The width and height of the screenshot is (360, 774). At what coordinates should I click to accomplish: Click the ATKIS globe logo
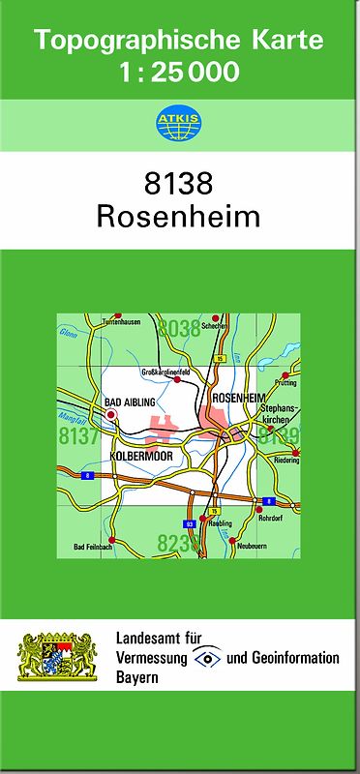click(x=179, y=123)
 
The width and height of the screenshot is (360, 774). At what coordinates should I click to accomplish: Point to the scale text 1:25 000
click(x=179, y=72)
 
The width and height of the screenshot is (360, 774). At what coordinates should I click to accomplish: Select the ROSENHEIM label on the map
click(x=237, y=399)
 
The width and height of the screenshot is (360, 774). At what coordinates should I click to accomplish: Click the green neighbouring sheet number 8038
click(x=179, y=328)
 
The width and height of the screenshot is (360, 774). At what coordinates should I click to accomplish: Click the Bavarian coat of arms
click(x=59, y=658)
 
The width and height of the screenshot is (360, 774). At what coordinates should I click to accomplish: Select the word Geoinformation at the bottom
click(x=295, y=658)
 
